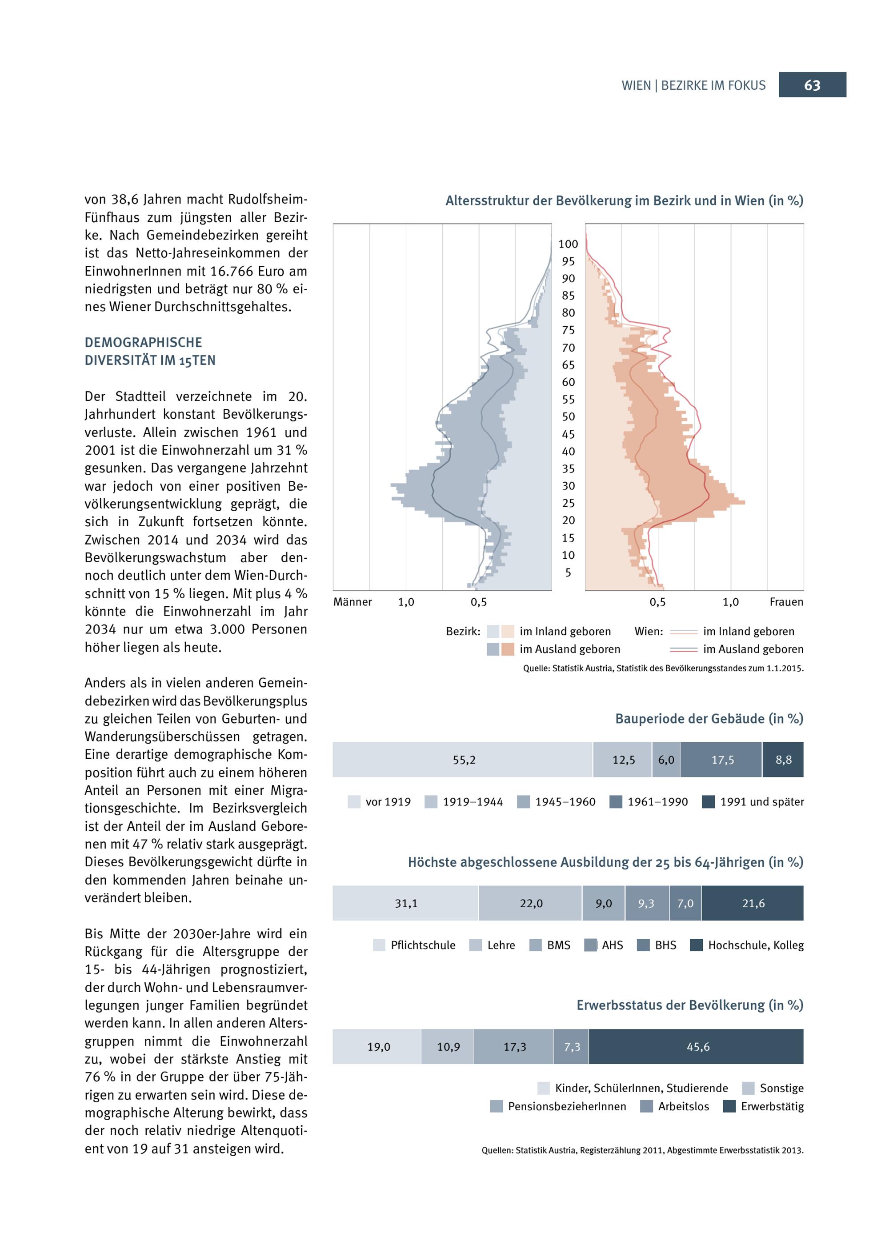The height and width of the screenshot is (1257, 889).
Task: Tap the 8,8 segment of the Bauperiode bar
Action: tap(783, 760)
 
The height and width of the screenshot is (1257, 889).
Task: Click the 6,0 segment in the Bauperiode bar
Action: tap(666, 760)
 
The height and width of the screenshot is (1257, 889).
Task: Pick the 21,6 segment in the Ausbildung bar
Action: tap(753, 903)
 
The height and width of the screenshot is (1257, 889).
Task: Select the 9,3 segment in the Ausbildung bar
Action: tap(646, 903)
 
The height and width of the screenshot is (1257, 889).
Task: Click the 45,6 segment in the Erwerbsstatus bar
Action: tap(697, 1047)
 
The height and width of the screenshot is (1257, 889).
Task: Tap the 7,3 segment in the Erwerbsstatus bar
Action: tap(572, 1047)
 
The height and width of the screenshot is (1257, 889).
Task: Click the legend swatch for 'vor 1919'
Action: tap(354, 802)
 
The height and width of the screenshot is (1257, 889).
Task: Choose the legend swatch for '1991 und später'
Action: tap(709, 802)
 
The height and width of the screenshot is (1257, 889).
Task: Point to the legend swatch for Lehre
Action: tap(476, 945)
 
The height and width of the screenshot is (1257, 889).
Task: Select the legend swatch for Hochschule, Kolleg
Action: tap(697, 945)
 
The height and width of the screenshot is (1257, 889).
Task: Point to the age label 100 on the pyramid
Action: tap(568, 244)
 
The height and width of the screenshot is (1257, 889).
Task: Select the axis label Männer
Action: tap(352, 602)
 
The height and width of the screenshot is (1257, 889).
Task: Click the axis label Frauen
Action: tap(786, 602)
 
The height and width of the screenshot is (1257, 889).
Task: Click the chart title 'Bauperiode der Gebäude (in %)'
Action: tap(709, 719)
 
